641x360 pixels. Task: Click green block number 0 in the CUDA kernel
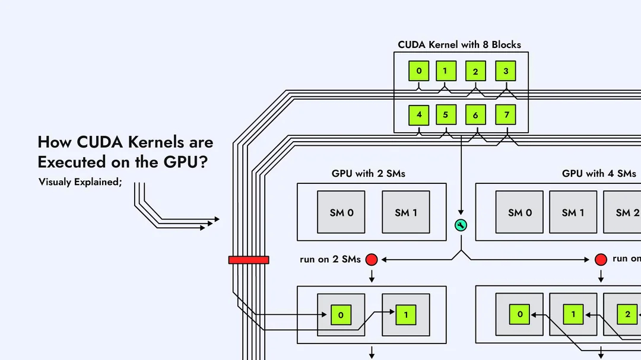tap(419, 71)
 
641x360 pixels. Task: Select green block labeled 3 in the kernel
tap(506, 71)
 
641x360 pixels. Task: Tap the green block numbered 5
tap(446, 115)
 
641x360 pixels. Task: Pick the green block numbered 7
tap(506, 115)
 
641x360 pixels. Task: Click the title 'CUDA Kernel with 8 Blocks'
tap(459, 44)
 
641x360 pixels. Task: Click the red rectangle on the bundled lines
tap(249, 260)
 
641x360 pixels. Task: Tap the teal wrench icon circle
tap(461, 225)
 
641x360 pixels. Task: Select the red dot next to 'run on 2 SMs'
tap(372, 259)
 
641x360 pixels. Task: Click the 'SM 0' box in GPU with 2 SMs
tap(342, 212)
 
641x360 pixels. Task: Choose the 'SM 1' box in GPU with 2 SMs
tap(406, 212)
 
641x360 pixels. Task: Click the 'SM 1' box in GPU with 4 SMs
tap(573, 212)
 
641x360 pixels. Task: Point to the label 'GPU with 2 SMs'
tap(369, 174)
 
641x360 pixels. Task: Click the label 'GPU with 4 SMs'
tap(599, 174)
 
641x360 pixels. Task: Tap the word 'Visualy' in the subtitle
tap(55, 182)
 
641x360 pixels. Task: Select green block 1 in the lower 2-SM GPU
tap(406, 315)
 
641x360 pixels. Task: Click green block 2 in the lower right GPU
tap(627, 314)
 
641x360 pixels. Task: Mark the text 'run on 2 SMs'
tap(330, 259)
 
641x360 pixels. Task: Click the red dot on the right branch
tap(601, 259)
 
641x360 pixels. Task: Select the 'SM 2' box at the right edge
tap(623, 212)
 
